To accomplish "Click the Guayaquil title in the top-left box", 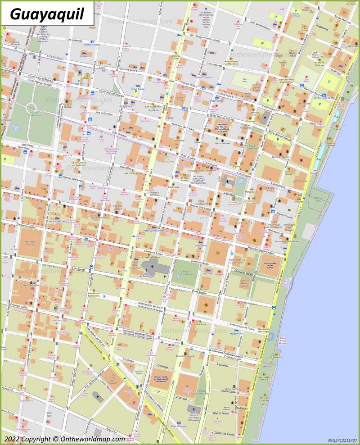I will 47,14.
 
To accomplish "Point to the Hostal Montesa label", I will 92,45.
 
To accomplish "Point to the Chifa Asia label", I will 199,324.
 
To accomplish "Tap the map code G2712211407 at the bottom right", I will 342,440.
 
